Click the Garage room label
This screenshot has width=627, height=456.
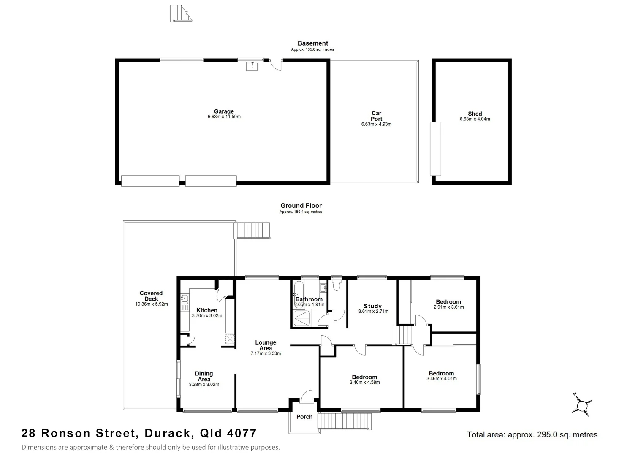click(224, 111)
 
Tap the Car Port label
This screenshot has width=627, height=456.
click(376, 116)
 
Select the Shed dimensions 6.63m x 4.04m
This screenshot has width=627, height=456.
click(475, 119)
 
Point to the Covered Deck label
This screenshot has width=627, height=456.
click(151, 296)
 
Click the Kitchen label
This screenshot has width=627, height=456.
click(207, 310)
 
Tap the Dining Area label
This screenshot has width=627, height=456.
click(204, 376)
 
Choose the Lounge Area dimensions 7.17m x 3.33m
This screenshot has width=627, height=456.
click(266, 353)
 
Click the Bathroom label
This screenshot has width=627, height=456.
click(309, 299)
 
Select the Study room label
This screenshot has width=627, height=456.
click(373, 306)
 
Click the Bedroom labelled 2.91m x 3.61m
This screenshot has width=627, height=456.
click(448, 302)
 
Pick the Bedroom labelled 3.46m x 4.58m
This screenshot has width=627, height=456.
click(364, 377)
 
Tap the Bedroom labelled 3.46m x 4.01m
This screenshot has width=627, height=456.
click(441, 373)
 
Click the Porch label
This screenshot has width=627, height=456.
click(304, 417)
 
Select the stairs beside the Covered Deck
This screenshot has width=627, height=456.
click(252, 231)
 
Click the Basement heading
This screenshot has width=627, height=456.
click(312, 43)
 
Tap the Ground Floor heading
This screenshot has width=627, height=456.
click(301, 206)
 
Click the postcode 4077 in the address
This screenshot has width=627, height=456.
click(242, 433)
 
